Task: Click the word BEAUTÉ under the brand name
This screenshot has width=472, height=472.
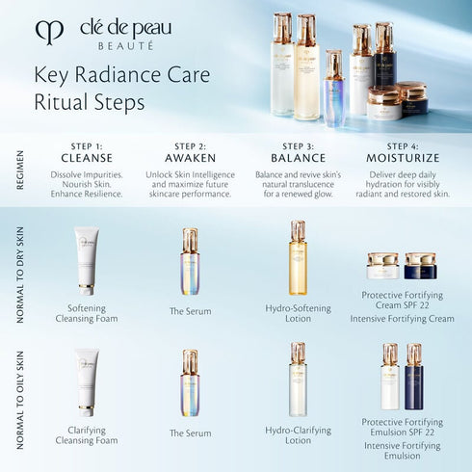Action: click(x=124, y=44)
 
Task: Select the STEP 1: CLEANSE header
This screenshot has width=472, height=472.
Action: click(x=87, y=152)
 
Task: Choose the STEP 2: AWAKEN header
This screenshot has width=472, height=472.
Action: click(x=189, y=152)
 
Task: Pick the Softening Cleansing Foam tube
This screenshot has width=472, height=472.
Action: click(x=87, y=259)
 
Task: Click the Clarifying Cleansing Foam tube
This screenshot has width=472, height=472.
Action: click(x=87, y=381)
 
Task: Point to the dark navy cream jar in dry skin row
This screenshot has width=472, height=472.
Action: click(x=420, y=265)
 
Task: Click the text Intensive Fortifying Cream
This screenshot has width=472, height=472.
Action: click(x=402, y=318)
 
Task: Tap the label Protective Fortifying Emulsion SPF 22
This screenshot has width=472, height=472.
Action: click(x=402, y=428)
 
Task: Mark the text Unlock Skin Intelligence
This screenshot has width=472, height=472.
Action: click(x=190, y=175)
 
